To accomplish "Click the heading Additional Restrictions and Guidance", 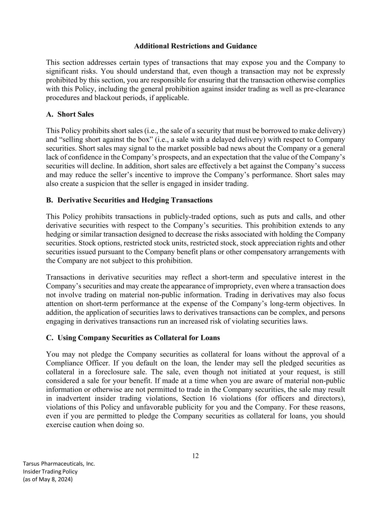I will [195, 46].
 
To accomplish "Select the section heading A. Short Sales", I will [70, 114].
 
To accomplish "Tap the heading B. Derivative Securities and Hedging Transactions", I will [129, 200].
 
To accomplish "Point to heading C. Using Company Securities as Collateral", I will [133, 338].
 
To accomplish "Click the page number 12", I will [195, 456].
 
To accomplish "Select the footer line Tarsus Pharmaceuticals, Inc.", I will [59, 464].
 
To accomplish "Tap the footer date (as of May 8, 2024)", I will [48, 479].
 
